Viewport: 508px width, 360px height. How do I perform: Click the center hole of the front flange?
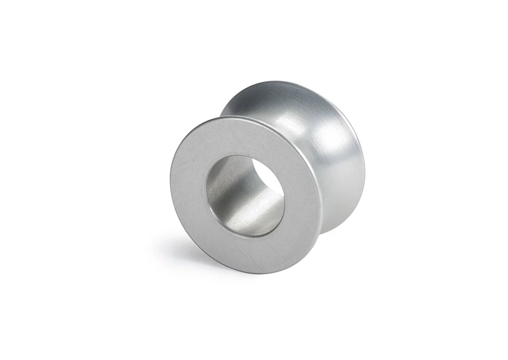click(x=245, y=196)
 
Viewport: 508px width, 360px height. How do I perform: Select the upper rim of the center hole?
click(x=240, y=156)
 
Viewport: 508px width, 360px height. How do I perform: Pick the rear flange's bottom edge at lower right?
click(x=342, y=222)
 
